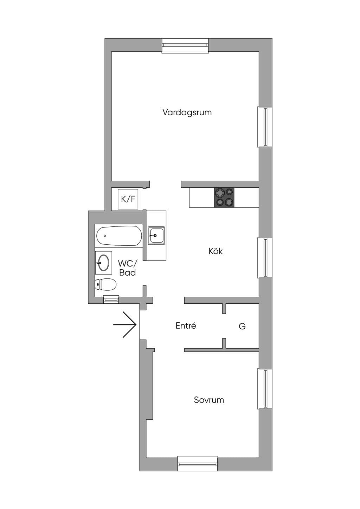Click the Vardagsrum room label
[187, 112]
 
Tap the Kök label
[216, 251]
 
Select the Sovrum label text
[209, 400]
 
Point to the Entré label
[186, 326]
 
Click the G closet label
[242, 326]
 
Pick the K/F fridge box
[128, 199]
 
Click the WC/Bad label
[128, 268]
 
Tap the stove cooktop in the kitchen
[224, 198]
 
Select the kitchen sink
[156, 236]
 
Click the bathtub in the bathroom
[119, 236]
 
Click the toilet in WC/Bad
[105, 284]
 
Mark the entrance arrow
[125, 325]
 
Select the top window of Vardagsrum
[185, 46]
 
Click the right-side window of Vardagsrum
[264, 127]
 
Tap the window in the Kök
[264, 258]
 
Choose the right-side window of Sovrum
[264, 389]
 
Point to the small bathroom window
[111, 299]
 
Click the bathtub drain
[105, 236]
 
